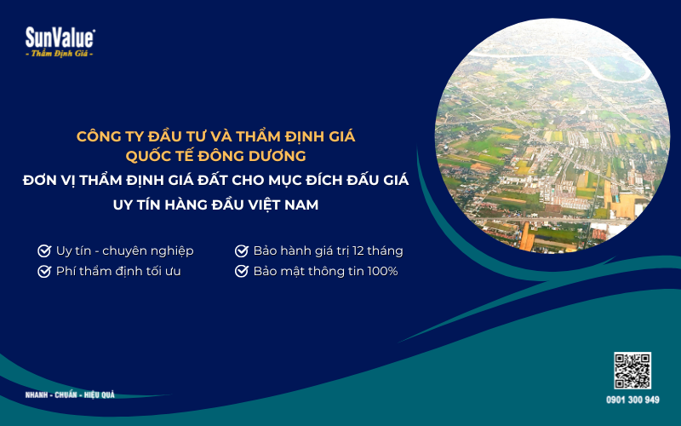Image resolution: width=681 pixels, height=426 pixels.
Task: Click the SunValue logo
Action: coord(60,37)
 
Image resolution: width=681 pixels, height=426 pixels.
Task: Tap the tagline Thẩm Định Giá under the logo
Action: coord(60,54)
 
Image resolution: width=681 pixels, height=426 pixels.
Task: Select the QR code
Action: coord(632,371)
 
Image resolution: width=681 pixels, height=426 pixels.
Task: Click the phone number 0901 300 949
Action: coord(632,399)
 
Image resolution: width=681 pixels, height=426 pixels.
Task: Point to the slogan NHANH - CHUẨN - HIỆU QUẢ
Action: coord(70,395)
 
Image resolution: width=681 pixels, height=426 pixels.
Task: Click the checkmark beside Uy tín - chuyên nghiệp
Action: coord(44,251)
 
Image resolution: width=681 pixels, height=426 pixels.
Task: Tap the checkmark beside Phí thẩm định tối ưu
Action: coord(44,272)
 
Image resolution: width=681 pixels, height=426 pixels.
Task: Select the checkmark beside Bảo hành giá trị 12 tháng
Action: coord(242,251)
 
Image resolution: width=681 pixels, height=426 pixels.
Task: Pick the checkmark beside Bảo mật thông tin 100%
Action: coord(242,272)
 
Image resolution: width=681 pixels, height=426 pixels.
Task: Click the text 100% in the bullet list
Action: coord(382,272)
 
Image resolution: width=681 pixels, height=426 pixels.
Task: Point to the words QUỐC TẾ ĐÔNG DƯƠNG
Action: coord(215,156)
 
